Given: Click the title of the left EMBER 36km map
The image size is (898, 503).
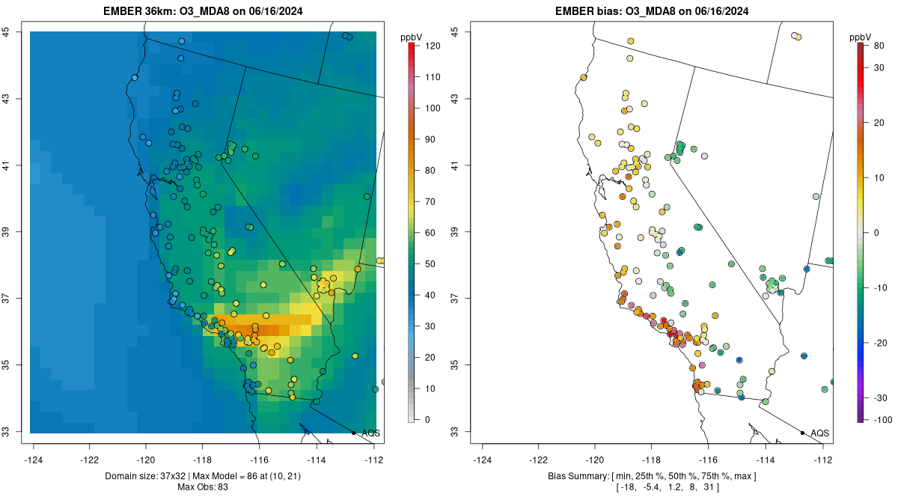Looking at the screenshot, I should (203, 11).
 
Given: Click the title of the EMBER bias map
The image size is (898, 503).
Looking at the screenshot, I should (652, 11).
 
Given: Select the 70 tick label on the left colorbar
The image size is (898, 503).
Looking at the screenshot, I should (431, 202).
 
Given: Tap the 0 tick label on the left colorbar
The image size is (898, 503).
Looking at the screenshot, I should (427, 420).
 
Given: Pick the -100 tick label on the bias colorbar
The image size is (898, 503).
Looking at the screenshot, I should (880, 420).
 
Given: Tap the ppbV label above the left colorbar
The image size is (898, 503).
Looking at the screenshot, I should (412, 37).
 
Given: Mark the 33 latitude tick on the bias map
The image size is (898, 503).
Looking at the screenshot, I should (456, 432).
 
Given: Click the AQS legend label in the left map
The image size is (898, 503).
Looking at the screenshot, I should (370, 433).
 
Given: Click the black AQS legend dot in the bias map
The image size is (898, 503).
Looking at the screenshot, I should (802, 433).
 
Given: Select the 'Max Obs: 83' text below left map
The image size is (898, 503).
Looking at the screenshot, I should (203, 487).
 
